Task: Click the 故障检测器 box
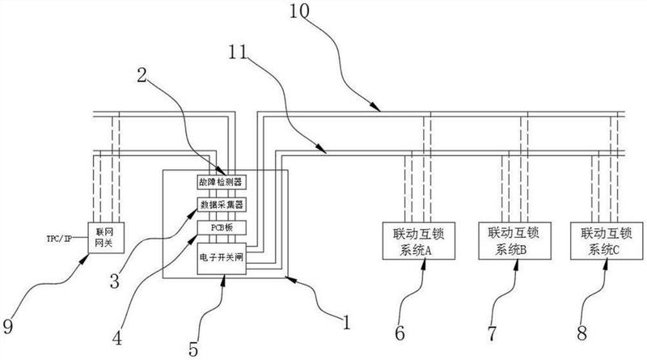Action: point(220,181)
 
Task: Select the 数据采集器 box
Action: point(220,204)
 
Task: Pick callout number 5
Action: point(192,349)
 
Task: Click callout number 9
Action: point(9,328)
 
